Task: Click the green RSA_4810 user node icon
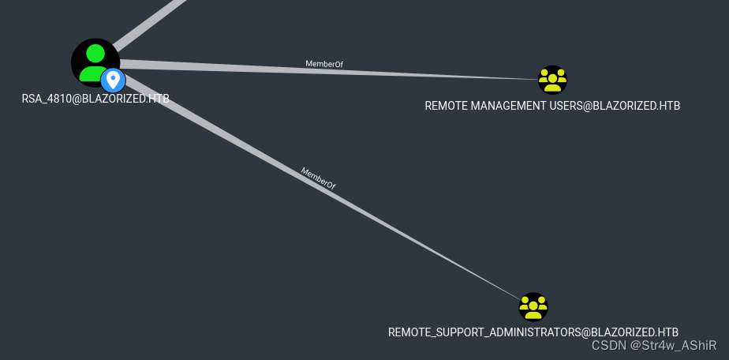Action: [95, 62]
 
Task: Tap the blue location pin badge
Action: [113, 79]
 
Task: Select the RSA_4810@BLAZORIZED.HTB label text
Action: [95, 99]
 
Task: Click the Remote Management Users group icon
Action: [552, 80]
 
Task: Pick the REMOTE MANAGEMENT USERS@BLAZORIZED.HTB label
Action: [552, 106]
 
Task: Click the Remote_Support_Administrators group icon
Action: [533, 307]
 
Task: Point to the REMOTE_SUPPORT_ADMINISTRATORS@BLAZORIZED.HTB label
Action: [533, 332]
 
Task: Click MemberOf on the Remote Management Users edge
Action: [324, 63]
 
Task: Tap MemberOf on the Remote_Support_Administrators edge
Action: [318, 178]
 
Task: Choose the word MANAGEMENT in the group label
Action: [504, 106]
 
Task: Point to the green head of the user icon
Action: [95, 53]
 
